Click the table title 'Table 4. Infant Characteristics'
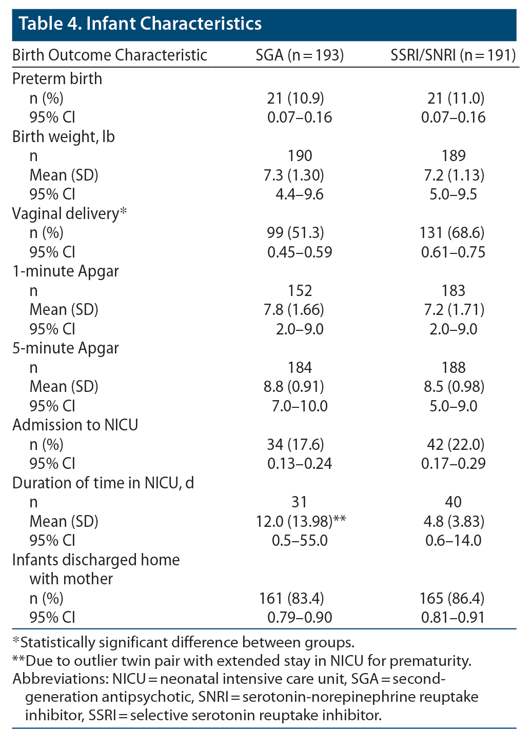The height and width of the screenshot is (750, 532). (x=140, y=24)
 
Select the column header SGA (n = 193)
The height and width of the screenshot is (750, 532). (x=300, y=55)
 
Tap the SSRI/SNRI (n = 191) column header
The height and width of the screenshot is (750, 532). (x=453, y=55)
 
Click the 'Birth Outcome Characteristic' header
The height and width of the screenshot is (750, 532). (x=110, y=55)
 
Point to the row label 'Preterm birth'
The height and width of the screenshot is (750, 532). (x=57, y=78)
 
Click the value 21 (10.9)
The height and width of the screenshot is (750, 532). (x=295, y=98)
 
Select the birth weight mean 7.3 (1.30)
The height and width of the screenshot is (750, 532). (x=294, y=175)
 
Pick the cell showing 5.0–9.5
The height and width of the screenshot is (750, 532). (x=454, y=194)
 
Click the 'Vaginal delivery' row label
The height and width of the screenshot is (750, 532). (x=66, y=213)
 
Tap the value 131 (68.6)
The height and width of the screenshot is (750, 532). (x=452, y=233)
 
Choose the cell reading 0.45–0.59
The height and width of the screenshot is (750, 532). (x=300, y=252)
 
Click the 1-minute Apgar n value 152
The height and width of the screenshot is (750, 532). (x=300, y=291)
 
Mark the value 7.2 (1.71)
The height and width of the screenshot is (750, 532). (x=454, y=310)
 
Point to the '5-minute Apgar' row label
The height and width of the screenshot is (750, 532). (x=66, y=348)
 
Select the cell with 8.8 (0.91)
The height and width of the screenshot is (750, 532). (x=294, y=387)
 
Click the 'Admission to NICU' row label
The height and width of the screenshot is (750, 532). (x=75, y=425)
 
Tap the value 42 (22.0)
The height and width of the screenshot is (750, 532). (x=456, y=444)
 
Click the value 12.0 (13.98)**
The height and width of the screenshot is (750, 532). (x=301, y=521)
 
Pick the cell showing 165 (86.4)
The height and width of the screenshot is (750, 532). (x=452, y=598)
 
